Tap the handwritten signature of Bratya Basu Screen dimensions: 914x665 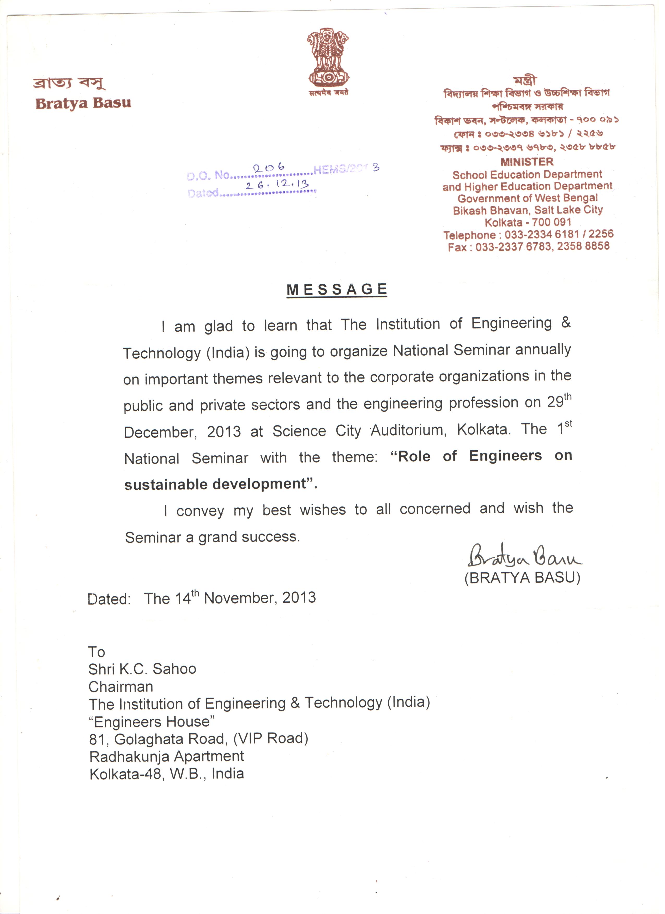tap(524, 557)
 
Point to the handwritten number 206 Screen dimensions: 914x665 tap(269, 168)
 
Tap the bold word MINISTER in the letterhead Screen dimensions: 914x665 tap(527, 162)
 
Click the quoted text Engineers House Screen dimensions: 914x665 tap(152, 721)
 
